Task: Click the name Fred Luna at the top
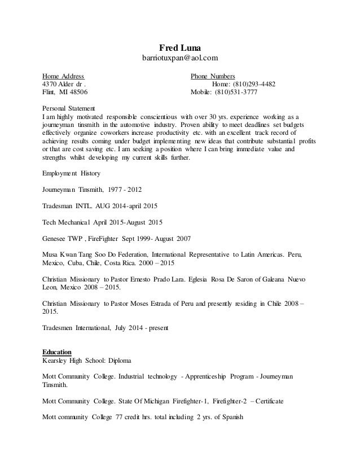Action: pyautogui.click(x=179, y=47)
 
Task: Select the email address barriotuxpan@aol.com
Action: pyautogui.click(x=179, y=58)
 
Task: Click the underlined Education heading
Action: pyautogui.click(x=57, y=351)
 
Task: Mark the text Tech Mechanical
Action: pyautogui.click(x=65, y=222)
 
